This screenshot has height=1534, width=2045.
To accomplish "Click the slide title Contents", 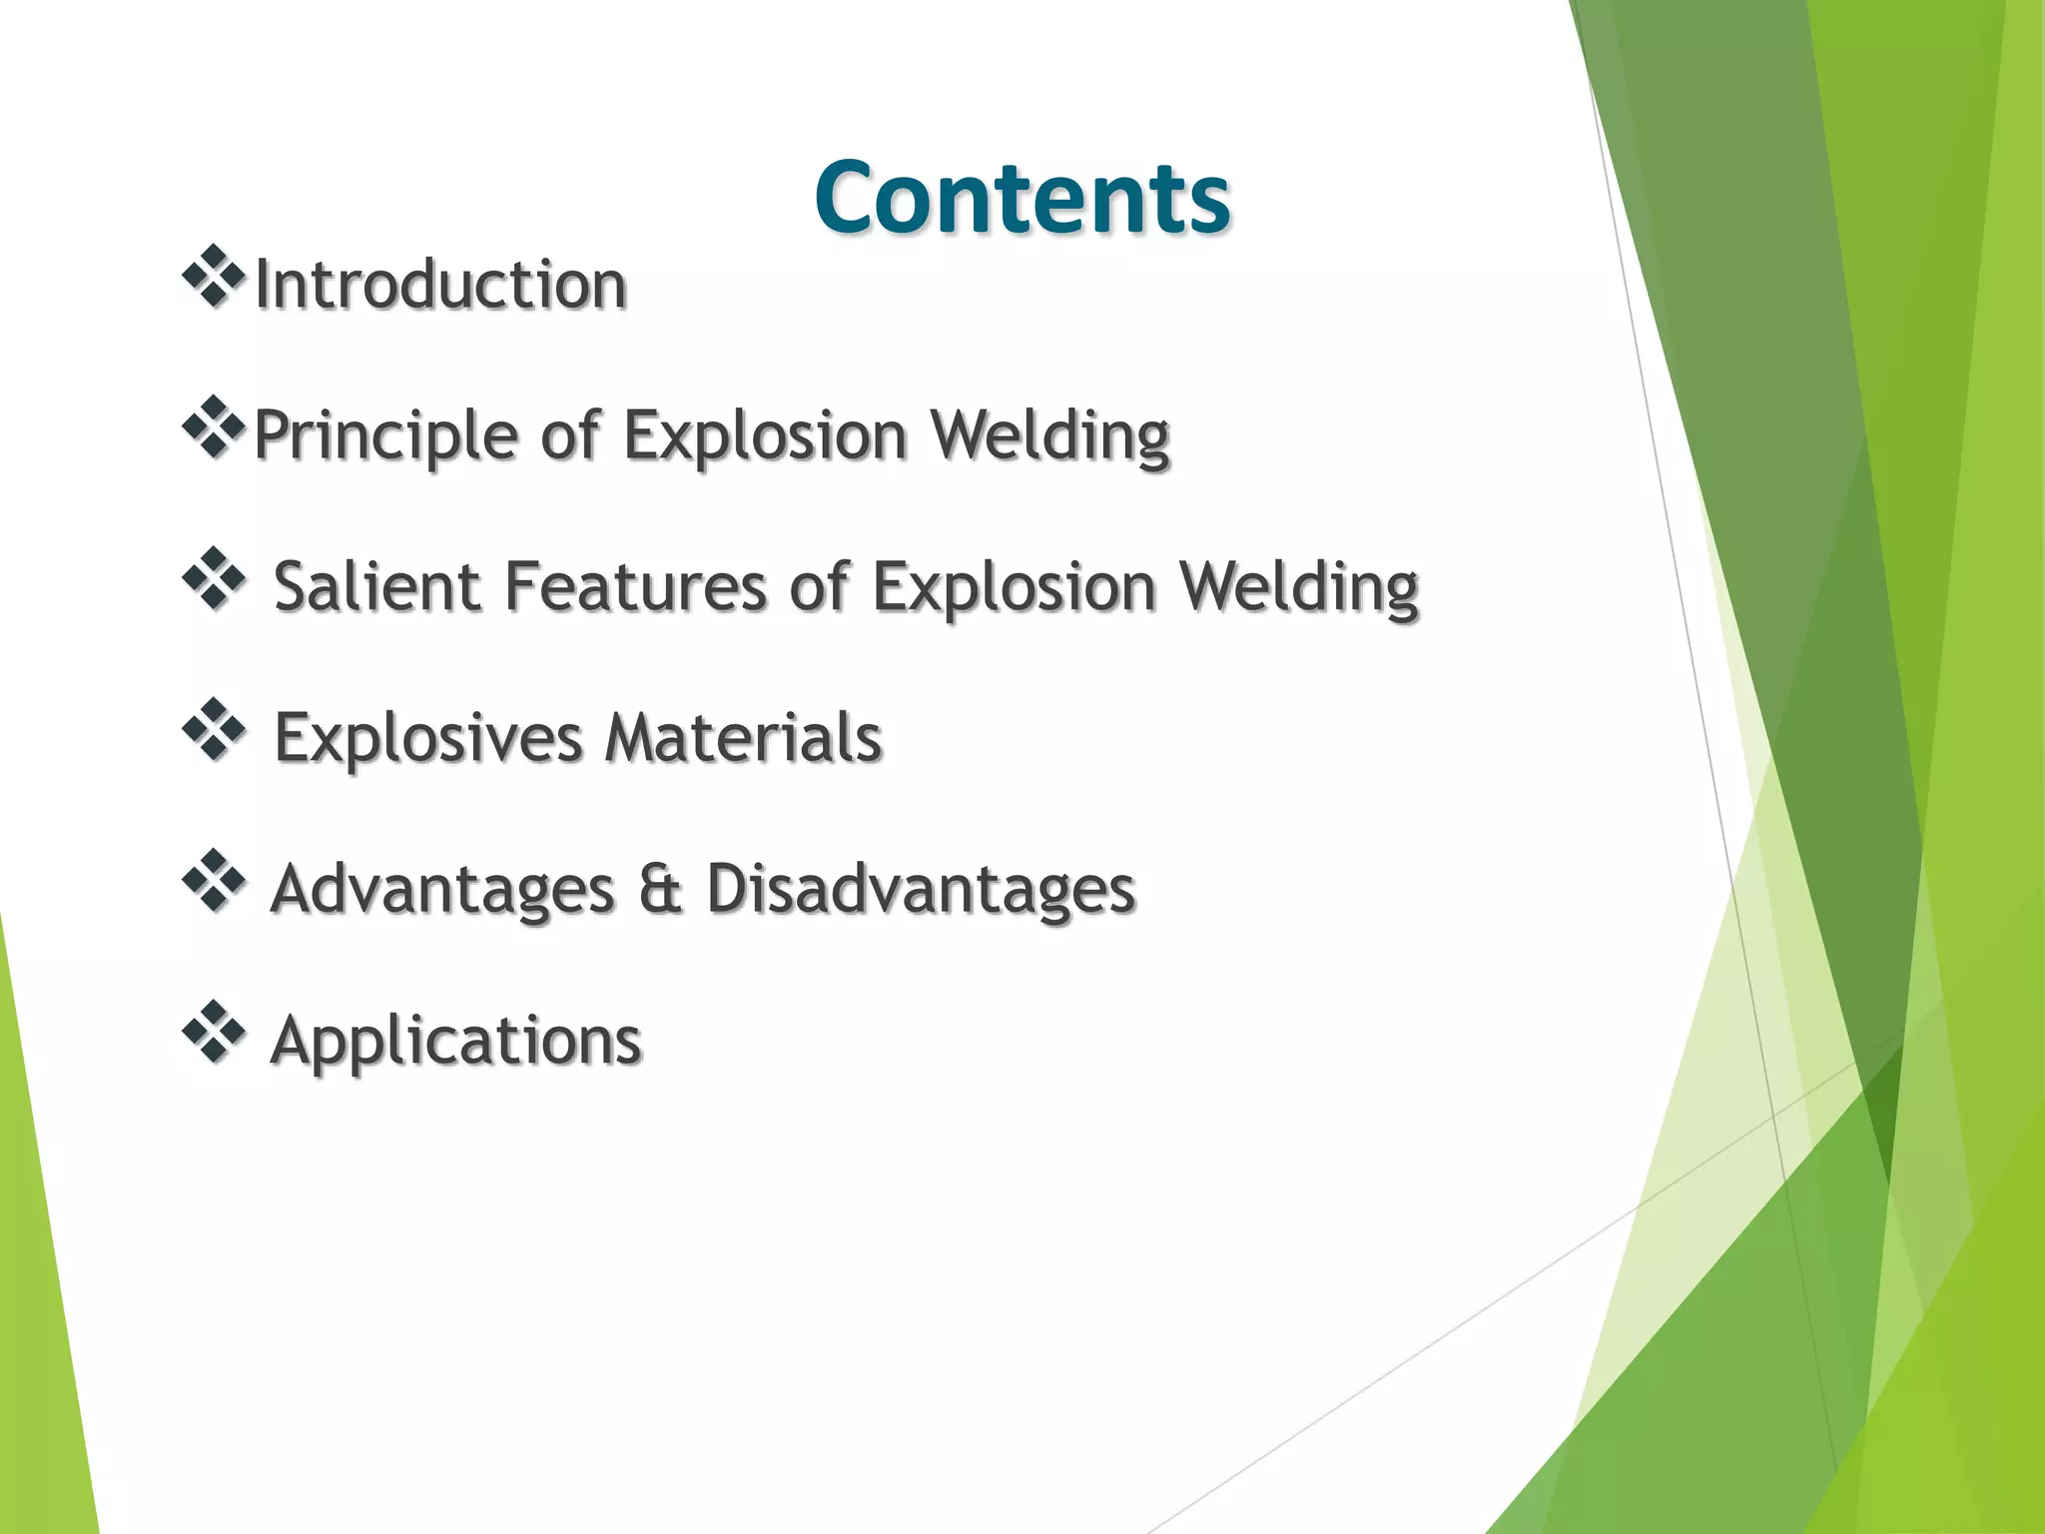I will [x=1022, y=198].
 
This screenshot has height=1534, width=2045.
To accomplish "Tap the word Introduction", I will [x=440, y=286].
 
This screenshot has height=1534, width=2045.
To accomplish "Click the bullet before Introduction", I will [x=214, y=276].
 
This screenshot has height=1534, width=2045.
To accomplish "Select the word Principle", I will [x=384, y=436].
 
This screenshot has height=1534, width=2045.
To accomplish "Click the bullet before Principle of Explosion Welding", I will [x=214, y=427].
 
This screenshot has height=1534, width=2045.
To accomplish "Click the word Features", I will [x=635, y=586].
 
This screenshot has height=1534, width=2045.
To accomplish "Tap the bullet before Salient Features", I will [x=214, y=578].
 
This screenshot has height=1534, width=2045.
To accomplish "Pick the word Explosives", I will [x=427, y=739].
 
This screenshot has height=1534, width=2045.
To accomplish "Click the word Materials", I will [x=744, y=739].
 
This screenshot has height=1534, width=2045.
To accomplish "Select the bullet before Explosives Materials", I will [x=214, y=729].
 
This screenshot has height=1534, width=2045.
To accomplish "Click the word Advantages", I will [x=442, y=890].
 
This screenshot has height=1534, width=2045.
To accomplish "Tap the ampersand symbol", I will [x=660, y=890].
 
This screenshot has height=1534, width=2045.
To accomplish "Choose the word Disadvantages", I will [x=921, y=890].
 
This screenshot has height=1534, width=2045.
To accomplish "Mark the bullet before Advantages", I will [x=214, y=881].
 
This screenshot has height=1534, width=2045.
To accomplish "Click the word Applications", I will [x=455, y=1042].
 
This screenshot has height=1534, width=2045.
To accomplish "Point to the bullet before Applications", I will [x=214, y=1032].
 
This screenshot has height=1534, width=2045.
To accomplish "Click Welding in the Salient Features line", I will [x=1299, y=586].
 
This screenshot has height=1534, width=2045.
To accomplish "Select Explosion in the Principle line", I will [x=765, y=436].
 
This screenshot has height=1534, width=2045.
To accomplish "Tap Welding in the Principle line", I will [x=1049, y=436].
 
